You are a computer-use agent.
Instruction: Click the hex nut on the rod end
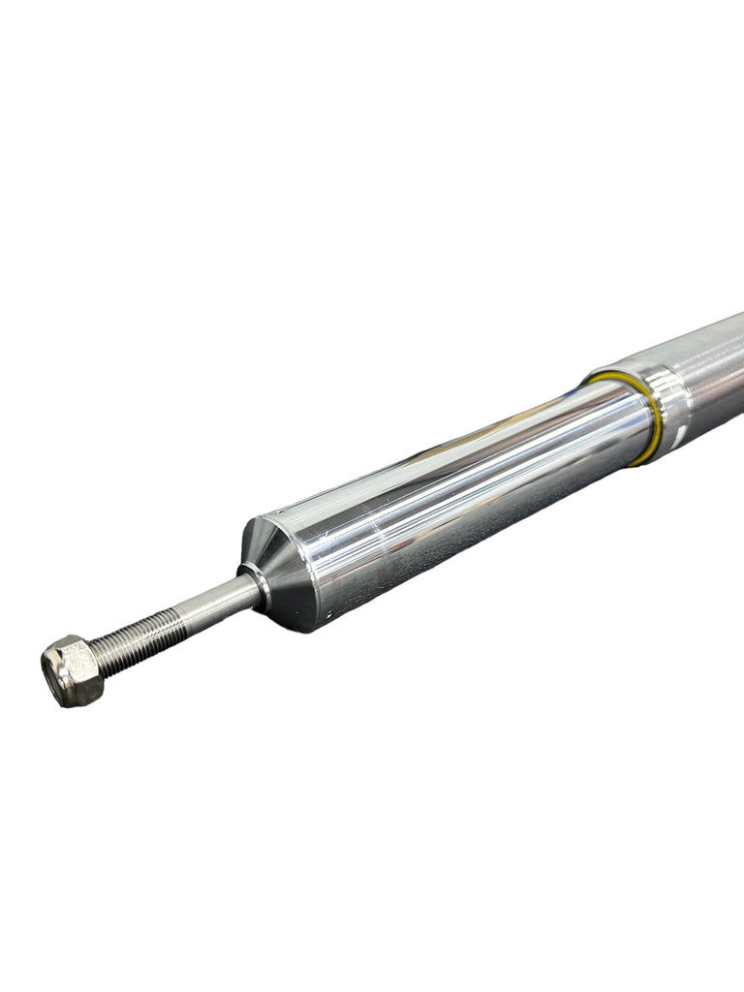(73, 669)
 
